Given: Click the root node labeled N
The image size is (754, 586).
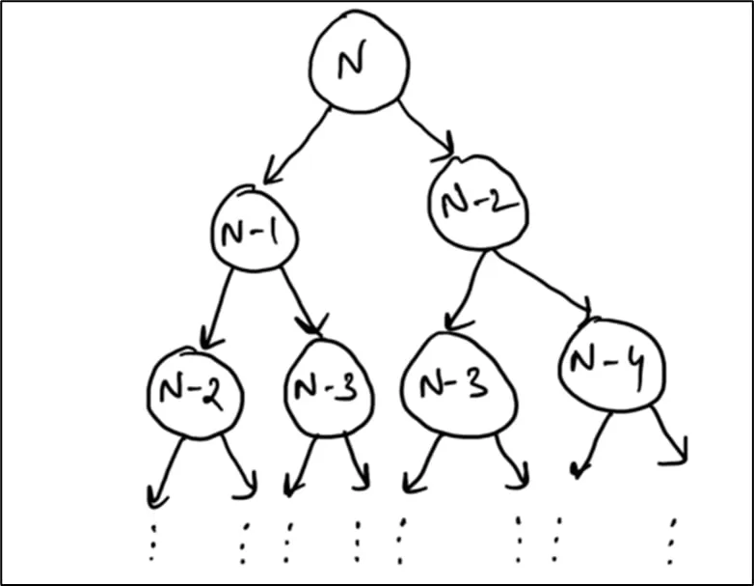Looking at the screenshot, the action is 359,62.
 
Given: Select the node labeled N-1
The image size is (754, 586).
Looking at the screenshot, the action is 255,228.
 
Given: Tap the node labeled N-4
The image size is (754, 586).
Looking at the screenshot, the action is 612,365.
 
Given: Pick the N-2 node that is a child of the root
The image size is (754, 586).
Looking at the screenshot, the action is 478,202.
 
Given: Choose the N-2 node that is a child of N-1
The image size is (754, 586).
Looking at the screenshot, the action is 195,392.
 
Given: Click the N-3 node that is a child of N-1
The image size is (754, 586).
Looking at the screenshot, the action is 329,388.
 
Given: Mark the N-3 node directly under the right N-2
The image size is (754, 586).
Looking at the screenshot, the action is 459,384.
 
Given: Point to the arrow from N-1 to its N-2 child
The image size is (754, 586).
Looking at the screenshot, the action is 217,308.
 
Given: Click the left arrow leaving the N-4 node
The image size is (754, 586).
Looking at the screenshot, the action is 592,445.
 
